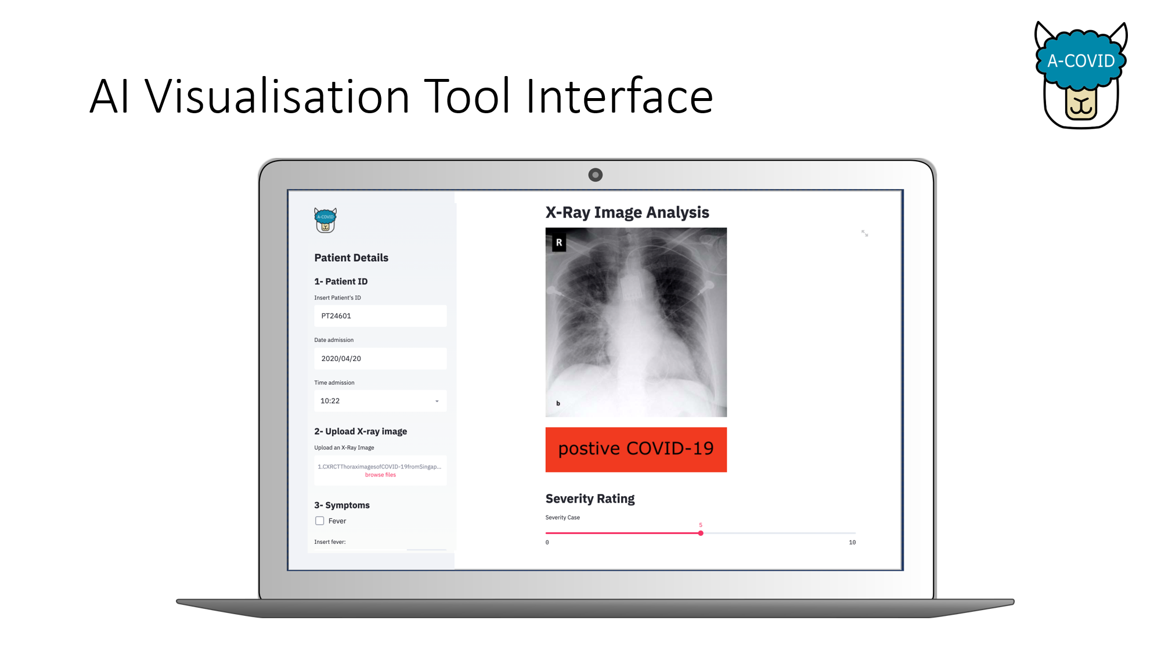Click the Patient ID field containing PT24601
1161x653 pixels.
380,316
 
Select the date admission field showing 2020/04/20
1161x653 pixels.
380,359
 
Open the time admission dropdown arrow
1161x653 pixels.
437,401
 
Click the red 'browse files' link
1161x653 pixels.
380,475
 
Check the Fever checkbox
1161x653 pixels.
319,521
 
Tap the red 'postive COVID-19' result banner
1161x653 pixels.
636,449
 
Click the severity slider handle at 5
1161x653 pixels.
701,533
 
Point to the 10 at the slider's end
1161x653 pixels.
852,542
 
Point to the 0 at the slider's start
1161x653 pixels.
547,542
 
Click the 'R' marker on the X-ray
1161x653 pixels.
559,243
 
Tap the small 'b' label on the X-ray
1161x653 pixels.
558,403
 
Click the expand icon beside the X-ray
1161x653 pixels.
864,233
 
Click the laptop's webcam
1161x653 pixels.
595,175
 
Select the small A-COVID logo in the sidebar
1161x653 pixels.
326,220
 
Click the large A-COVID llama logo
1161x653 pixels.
1081,75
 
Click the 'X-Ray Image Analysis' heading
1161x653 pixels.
627,212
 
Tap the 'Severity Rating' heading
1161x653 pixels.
590,499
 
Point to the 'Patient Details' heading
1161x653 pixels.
351,258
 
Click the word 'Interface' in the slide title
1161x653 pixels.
619,96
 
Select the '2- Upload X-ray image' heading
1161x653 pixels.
360,431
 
